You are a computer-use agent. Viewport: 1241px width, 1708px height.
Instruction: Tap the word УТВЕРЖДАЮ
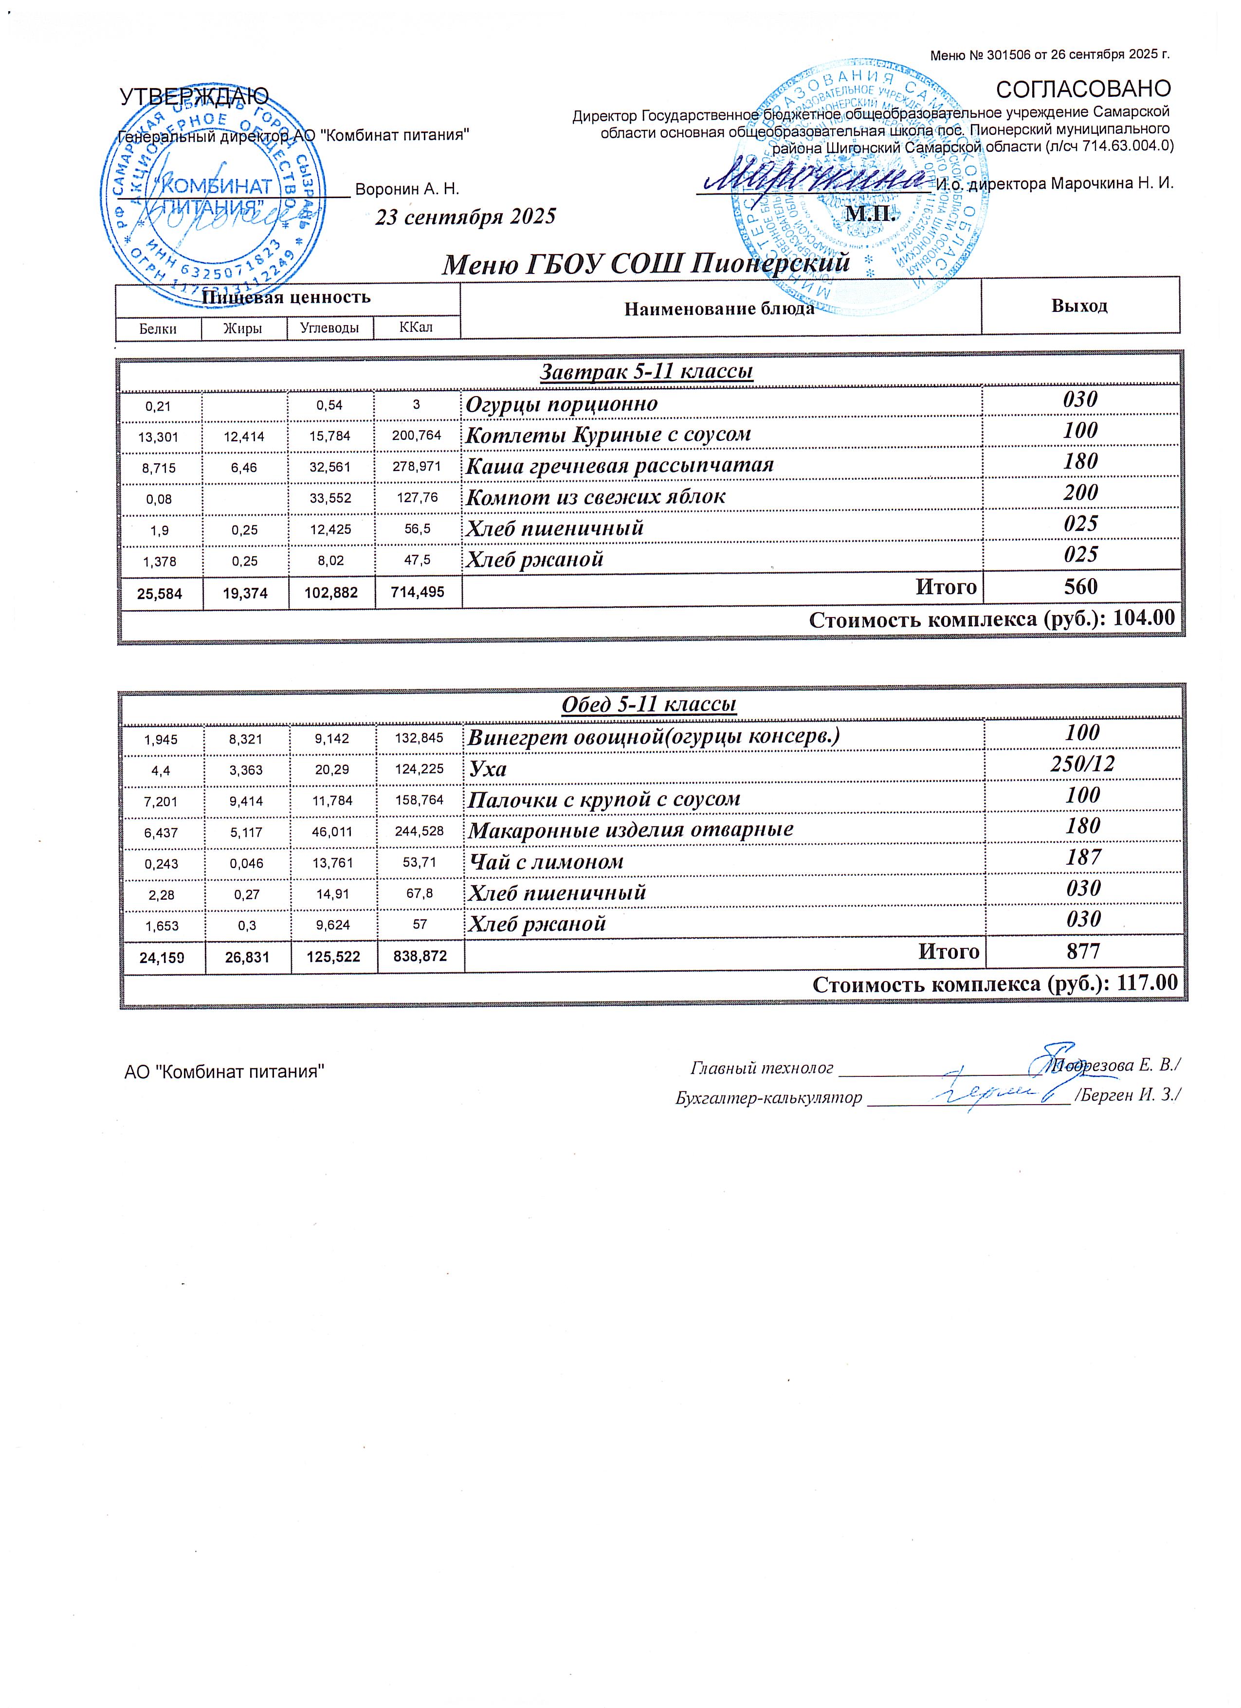pos(194,96)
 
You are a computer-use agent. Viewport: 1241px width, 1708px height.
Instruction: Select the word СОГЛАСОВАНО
pos(1083,89)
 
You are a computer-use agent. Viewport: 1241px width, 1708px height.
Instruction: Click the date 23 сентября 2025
pos(465,217)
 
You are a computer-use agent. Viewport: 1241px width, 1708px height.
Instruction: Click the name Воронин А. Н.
pos(407,189)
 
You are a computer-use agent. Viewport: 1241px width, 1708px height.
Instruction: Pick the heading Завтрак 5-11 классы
pos(647,371)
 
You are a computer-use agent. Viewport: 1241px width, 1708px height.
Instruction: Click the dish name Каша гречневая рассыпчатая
pos(619,465)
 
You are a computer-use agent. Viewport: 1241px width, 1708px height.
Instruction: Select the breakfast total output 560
pos(1080,587)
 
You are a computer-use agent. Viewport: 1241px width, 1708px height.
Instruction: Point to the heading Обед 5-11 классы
pos(648,704)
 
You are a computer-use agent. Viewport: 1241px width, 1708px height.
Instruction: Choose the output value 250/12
pos(1082,764)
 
